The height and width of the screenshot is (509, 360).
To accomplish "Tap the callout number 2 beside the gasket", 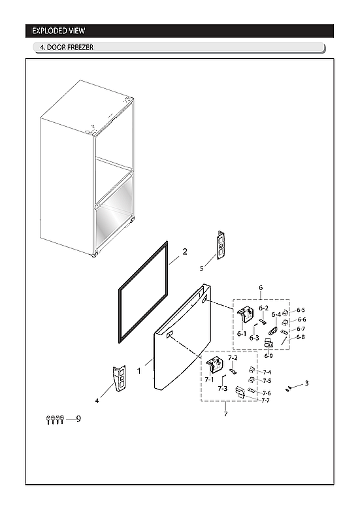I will (185, 252).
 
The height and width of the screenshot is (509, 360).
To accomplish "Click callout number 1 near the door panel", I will (139, 370).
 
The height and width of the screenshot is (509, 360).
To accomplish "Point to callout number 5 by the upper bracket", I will (202, 268).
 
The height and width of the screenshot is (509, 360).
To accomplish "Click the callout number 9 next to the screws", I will (78, 418).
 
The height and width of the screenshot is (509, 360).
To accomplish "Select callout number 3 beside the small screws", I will (307, 383).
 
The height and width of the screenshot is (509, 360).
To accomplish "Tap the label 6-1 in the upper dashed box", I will (242, 334).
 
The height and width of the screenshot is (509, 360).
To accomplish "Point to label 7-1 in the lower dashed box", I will (209, 379).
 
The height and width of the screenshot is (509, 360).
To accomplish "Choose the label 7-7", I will (266, 401).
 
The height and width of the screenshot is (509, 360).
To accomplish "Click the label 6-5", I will (301, 310).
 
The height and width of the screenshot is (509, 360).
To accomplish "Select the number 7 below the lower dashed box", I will (226, 414).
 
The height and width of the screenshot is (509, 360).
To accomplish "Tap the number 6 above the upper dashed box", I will (261, 287).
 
